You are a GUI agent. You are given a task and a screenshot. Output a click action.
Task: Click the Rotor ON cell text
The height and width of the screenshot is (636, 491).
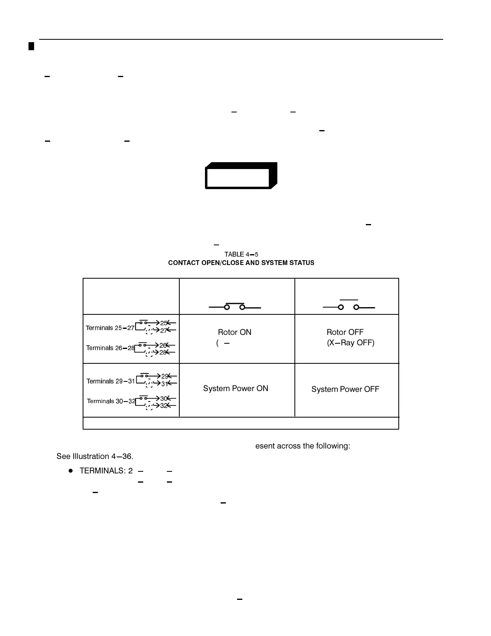point(235,332)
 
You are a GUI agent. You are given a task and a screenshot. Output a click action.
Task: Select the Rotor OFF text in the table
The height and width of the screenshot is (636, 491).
point(345,332)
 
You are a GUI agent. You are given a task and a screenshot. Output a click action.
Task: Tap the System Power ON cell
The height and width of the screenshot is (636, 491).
point(235,389)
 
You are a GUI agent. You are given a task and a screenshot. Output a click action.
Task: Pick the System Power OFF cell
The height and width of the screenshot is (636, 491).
point(345,389)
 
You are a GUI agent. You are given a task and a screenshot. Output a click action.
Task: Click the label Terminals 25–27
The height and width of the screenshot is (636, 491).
point(110,328)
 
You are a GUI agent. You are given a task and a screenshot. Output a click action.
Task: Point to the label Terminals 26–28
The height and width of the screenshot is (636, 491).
point(110,348)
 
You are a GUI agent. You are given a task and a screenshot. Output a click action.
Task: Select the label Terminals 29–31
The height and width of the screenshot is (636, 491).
point(111,381)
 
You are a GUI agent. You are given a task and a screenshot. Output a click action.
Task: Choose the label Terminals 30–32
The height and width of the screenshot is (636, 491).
point(111,401)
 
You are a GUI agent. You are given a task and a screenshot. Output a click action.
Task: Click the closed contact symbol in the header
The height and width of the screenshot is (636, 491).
point(235,307)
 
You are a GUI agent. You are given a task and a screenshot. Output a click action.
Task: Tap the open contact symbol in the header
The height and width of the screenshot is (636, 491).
point(349,306)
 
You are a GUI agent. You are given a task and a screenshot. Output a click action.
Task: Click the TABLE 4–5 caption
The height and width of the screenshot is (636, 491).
point(241,255)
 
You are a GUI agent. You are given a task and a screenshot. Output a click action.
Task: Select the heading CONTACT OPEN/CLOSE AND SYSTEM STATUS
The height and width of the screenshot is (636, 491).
point(241,263)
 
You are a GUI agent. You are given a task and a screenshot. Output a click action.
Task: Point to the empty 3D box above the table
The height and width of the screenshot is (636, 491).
point(241,176)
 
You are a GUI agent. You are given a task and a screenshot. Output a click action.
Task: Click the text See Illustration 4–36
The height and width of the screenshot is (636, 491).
point(95,457)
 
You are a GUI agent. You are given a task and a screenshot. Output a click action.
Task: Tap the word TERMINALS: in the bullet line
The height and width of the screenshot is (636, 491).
point(103,471)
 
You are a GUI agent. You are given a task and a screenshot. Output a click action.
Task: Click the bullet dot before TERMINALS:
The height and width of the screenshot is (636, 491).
point(71,471)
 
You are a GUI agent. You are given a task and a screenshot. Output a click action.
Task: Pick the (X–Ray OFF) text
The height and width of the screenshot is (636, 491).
point(351,343)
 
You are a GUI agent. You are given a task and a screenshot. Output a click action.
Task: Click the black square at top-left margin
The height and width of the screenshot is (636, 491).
point(31,45)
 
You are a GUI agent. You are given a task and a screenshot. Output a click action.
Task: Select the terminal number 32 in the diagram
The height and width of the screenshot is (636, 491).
point(164,406)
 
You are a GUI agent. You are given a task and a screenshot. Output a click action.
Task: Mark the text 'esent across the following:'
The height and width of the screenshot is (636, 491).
point(302,446)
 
